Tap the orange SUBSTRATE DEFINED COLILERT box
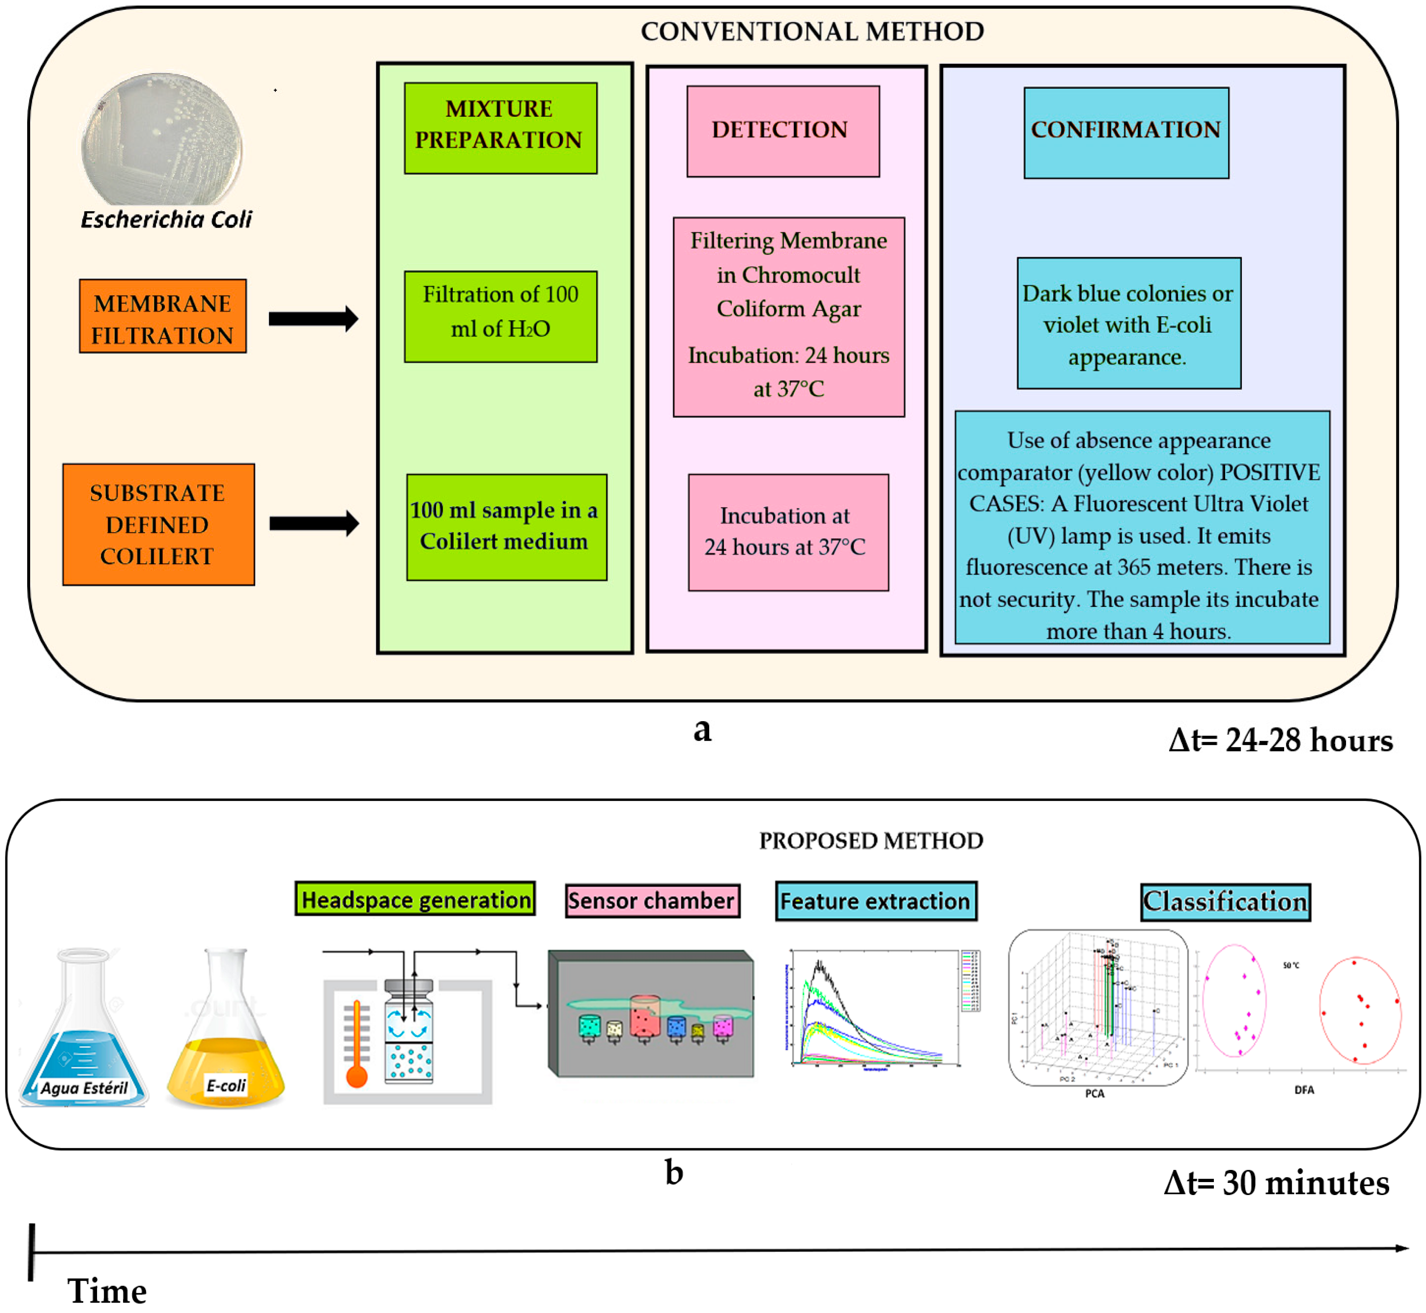point(159,525)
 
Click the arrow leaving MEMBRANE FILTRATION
point(313,319)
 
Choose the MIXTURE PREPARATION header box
point(500,128)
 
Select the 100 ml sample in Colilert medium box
point(506,527)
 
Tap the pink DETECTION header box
point(782,131)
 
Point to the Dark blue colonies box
point(1129,323)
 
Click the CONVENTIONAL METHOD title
point(812,31)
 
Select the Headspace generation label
point(415,899)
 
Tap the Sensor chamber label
point(652,901)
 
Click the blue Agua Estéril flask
point(84,1030)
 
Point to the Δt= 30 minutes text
point(1276,1183)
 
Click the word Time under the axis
point(107,1291)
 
